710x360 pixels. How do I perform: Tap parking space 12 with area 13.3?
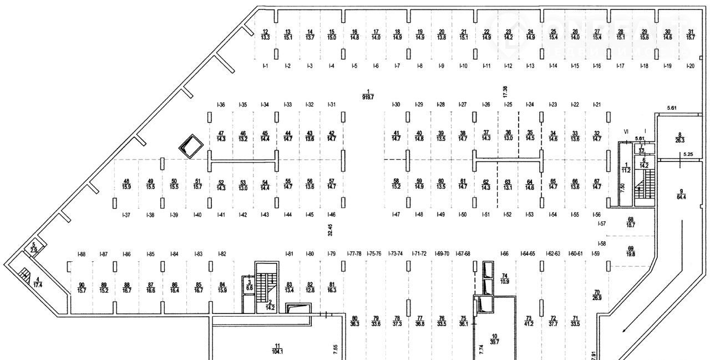click(266, 34)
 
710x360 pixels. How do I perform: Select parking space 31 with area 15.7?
click(691, 34)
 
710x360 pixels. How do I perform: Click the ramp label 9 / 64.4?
click(681, 194)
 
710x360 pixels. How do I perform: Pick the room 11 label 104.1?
click(277, 348)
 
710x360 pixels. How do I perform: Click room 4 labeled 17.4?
click(37, 281)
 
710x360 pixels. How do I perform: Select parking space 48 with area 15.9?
click(126, 184)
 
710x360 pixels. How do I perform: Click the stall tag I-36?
click(221, 105)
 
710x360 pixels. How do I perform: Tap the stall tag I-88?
click(82, 254)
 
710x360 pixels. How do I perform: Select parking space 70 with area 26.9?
click(597, 296)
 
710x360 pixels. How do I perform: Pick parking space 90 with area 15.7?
click(82, 287)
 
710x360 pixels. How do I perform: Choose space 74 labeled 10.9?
click(505, 278)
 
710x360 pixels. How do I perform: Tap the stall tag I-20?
click(691, 66)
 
